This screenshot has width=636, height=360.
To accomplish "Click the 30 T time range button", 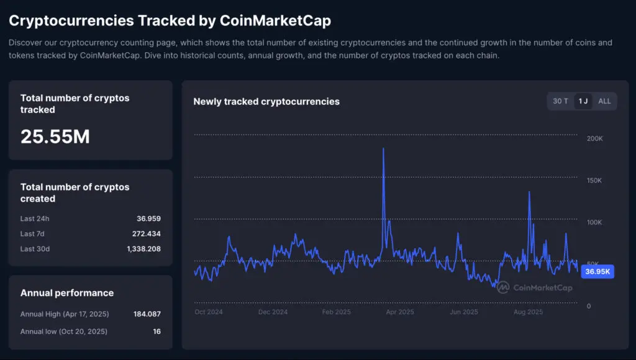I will point(560,101).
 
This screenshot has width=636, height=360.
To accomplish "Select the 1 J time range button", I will point(583,101).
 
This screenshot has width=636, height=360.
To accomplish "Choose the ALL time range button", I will point(604,101).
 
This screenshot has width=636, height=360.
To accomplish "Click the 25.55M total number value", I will point(55,137).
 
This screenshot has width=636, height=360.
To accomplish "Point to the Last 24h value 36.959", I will point(148,218).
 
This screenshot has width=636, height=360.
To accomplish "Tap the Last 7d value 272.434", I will point(147,234).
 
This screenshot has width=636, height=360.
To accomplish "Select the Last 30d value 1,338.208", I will point(143,249).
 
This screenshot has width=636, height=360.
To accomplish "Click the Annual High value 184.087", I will point(147,314).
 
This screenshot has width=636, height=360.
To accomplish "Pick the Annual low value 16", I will point(157,331).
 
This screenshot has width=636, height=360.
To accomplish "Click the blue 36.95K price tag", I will point(597,272).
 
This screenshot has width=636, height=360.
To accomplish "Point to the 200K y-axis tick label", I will point(595,138).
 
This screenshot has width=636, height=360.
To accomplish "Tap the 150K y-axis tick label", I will point(595,181).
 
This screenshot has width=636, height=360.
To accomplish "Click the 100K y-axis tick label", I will point(595,222).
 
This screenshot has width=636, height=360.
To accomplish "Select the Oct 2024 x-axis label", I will point(209,312).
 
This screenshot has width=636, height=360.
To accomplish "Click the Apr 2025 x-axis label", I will point(400,312).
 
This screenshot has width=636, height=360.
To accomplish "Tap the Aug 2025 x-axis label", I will point(528,312).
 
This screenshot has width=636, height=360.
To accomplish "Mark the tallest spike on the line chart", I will point(383,149).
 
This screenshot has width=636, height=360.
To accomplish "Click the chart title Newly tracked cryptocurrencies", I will point(266,101).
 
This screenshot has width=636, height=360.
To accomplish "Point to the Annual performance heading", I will point(67,293).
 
